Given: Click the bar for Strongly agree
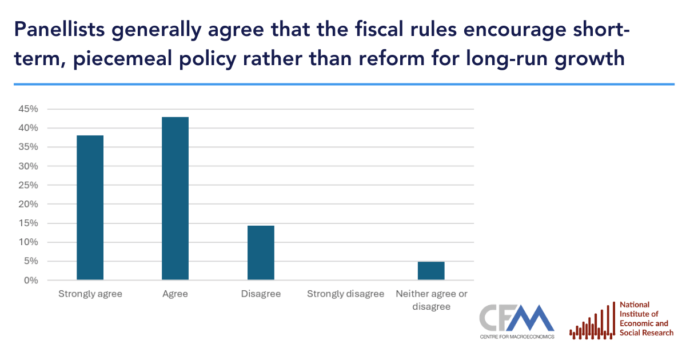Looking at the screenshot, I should pos(90,207).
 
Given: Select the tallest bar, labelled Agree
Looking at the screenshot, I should pos(176,198).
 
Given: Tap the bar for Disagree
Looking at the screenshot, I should pos(261,253).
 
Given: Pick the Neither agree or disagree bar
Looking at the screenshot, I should pos(431,271).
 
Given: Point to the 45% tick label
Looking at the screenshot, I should pos(27,109).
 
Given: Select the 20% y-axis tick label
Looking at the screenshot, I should pos(27,205).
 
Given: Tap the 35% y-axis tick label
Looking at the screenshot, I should pos(27,147).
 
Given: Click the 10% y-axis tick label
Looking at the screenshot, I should pos(27,242).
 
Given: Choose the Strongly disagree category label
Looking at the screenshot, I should pos(346,294).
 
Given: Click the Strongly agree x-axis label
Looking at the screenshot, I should pos(90,294).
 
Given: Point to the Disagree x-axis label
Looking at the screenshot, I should pos(261,294).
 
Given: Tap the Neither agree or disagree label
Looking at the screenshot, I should pos(431,300).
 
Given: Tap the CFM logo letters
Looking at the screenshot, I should pos(517,318).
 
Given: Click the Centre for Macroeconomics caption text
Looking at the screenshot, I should pos(517,337).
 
